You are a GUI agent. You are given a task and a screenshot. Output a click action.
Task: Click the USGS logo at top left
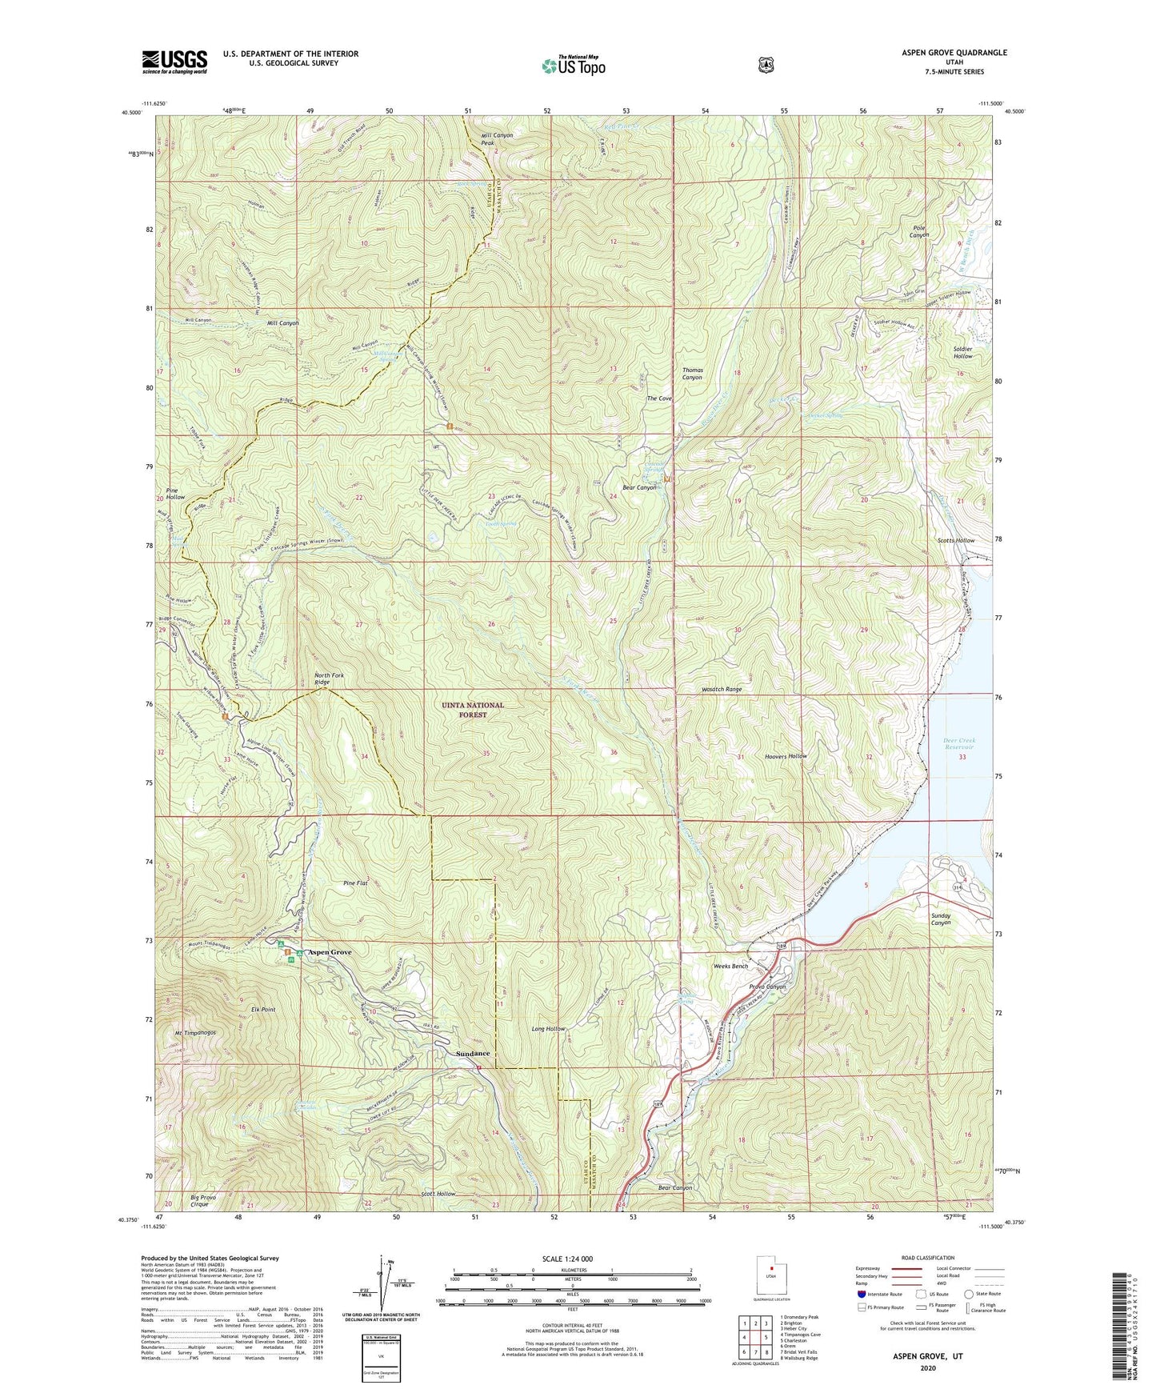tap(174, 62)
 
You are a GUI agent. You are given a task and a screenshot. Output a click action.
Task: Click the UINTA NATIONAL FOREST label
tap(474, 710)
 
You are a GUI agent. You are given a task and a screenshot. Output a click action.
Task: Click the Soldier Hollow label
tap(962, 352)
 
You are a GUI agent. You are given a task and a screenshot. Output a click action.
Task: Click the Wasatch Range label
tap(722, 689)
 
